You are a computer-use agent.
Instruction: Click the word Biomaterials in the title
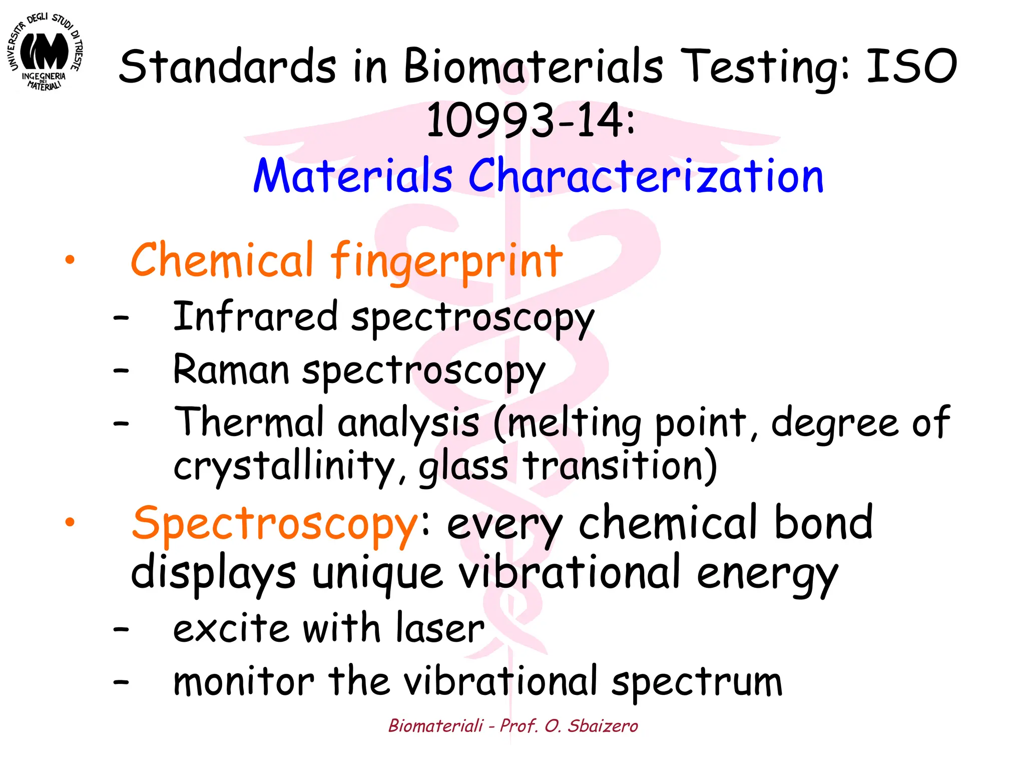pos(534,67)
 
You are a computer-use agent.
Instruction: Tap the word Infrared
pos(255,316)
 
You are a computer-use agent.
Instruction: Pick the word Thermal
pos(249,422)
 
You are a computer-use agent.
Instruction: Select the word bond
pos(823,523)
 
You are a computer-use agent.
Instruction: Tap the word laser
pos(440,628)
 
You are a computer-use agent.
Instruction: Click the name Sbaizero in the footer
pos(603,725)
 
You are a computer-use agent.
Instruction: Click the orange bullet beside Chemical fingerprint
pos(70,260)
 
